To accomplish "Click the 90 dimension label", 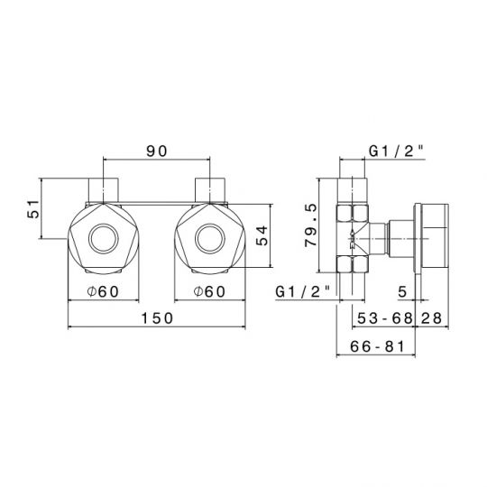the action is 157,152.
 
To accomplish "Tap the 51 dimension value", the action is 33,209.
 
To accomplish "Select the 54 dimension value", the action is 262,235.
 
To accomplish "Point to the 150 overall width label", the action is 157,318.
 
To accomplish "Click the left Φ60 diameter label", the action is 103,291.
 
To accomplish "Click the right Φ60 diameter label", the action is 209,291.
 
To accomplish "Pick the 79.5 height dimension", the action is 311,225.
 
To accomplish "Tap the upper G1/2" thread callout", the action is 396,152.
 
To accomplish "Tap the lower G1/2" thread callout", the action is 302,292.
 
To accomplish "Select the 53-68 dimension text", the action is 385,318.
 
